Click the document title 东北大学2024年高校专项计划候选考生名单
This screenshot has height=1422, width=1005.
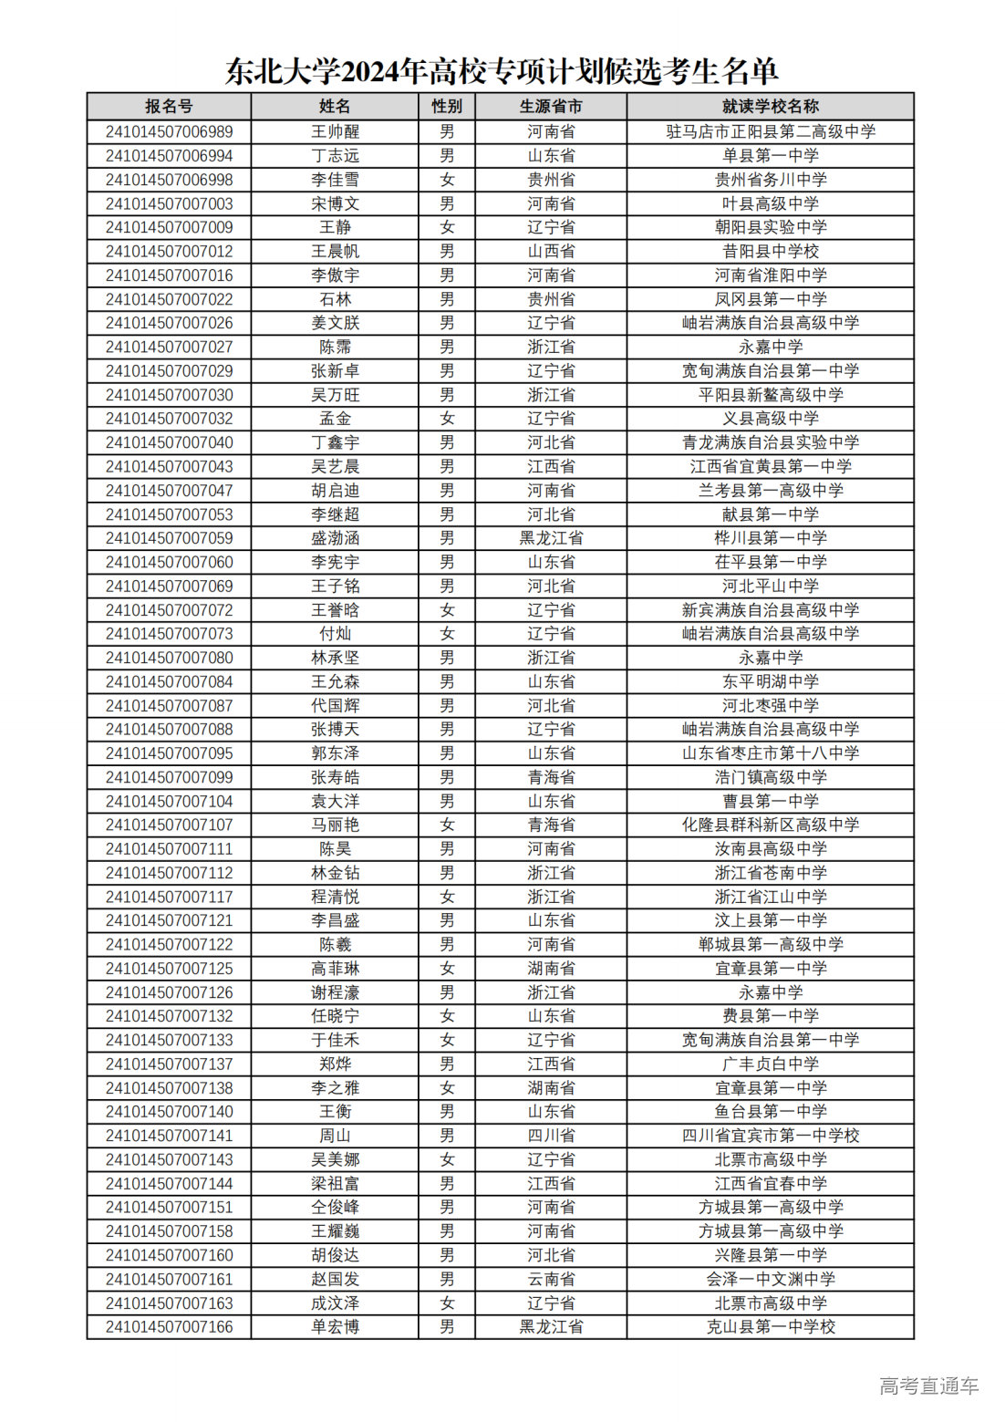click(502, 70)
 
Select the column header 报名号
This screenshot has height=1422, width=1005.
click(169, 107)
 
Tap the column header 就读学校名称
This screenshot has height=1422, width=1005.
click(771, 107)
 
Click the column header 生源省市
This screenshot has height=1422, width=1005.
click(551, 107)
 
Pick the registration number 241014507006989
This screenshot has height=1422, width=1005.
click(169, 132)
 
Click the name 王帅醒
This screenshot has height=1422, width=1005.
click(335, 132)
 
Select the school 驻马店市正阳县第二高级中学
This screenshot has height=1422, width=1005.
click(771, 132)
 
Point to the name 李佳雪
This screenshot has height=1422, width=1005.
click(335, 180)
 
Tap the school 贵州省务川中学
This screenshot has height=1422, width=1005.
click(771, 180)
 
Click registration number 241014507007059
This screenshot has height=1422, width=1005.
click(169, 538)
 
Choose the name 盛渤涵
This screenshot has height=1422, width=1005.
click(335, 538)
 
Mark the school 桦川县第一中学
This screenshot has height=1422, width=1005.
click(771, 538)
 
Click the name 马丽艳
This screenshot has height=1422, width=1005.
click(335, 825)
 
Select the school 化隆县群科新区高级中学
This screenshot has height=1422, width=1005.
click(771, 825)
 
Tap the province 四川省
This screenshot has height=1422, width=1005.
click(551, 1136)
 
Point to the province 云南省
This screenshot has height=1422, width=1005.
click(551, 1279)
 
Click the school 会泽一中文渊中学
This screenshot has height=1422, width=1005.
click(771, 1279)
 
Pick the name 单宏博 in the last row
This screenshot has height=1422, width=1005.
click(335, 1326)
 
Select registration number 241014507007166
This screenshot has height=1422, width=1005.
click(169, 1326)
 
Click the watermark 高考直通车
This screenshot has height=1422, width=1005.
click(928, 1386)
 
